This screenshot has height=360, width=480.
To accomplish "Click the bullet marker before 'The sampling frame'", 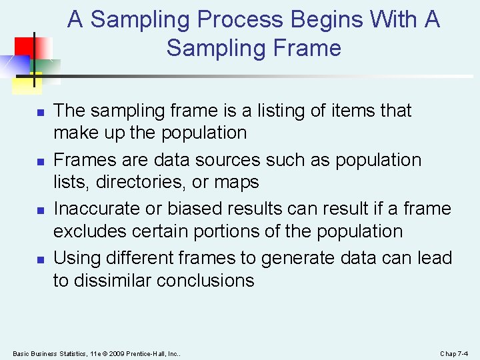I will [x=41, y=112].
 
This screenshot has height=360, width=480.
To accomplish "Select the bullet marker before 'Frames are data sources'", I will [x=41, y=161].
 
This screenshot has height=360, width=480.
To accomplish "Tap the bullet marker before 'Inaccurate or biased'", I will [x=41, y=210].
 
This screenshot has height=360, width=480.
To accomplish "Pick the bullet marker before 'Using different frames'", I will [x=41, y=259].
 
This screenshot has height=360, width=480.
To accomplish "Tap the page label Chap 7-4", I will [x=454, y=353].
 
